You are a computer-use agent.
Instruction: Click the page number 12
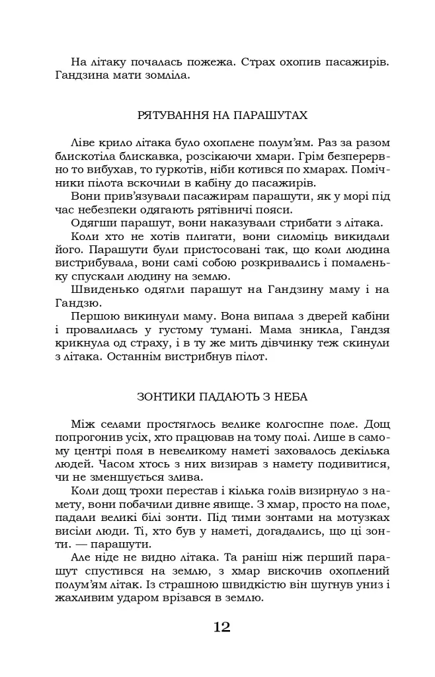click(221, 627)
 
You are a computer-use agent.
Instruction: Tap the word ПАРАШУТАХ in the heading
click(272, 115)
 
